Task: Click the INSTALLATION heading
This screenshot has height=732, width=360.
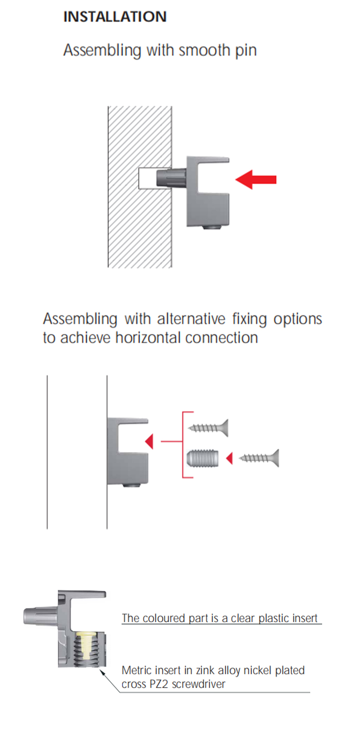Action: pos(115,16)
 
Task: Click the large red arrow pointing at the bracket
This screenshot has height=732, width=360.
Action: pos(256,179)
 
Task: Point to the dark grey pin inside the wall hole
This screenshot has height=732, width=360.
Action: pos(171,178)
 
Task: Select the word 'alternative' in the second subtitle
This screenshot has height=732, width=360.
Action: pos(191,319)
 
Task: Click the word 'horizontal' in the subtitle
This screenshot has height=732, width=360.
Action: pos(148,338)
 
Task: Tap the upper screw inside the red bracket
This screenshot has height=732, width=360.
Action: pos(208,427)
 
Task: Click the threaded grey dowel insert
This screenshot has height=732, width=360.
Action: pos(202,458)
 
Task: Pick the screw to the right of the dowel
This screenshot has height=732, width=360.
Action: pos(259,458)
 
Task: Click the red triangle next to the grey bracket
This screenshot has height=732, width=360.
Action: pos(149,442)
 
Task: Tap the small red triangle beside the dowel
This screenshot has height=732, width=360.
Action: pos(230,458)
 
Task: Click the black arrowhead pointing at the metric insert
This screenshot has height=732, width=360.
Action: pos(102,672)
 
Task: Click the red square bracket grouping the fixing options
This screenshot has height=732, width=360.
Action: pos(183,445)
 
